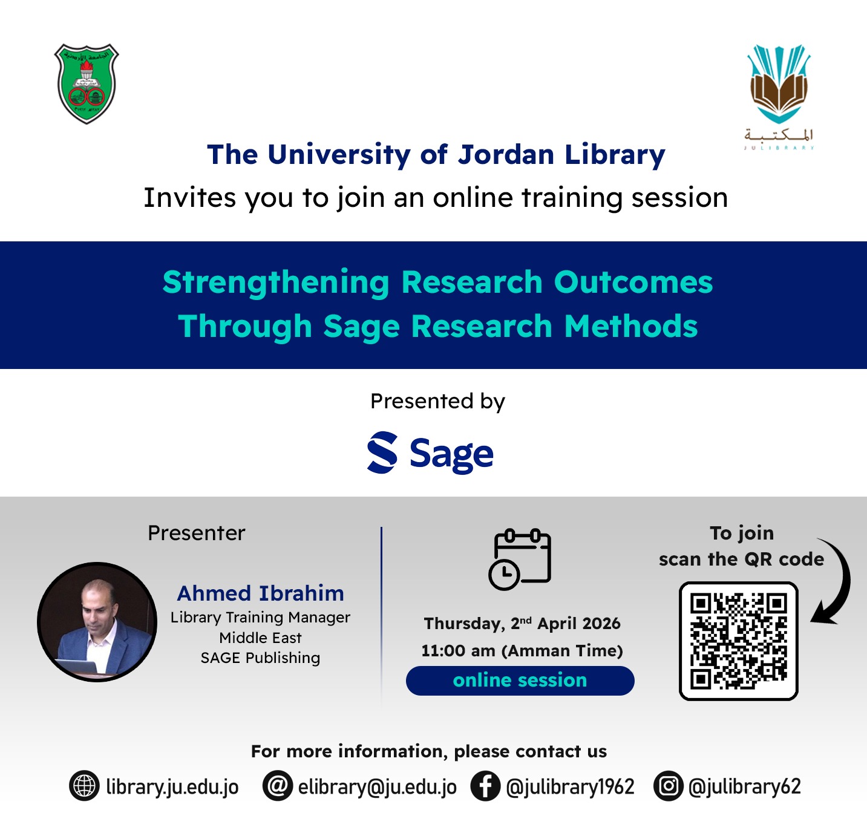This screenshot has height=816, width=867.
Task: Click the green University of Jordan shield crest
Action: [x=87, y=83]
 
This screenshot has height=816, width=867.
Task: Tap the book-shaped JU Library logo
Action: [x=779, y=97]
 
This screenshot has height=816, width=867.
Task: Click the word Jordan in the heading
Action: [x=506, y=155]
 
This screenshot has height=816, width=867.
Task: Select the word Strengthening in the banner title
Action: [x=276, y=283]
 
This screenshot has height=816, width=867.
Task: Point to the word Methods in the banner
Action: [x=631, y=327]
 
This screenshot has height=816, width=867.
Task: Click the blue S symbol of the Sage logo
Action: [x=382, y=452]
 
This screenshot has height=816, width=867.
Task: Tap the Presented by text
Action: [x=437, y=401]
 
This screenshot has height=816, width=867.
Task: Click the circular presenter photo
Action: [x=97, y=622]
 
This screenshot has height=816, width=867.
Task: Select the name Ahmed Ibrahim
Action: [x=261, y=593]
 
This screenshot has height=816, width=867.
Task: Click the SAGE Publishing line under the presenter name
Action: [x=261, y=658]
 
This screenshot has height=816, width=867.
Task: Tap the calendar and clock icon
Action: [x=520, y=560]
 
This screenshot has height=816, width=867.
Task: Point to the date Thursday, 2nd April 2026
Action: [x=522, y=623]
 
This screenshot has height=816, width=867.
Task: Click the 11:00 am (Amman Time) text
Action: [x=522, y=650]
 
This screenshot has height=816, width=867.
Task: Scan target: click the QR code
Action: [x=739, y=641]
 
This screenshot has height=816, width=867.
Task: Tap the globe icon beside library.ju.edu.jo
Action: [x=84, y=786]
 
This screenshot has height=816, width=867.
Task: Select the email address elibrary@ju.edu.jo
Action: [x=377, y=787]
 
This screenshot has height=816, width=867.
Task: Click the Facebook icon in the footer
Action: [x=485, y=786]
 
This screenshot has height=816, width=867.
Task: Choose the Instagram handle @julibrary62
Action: [x=744, y=787]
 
